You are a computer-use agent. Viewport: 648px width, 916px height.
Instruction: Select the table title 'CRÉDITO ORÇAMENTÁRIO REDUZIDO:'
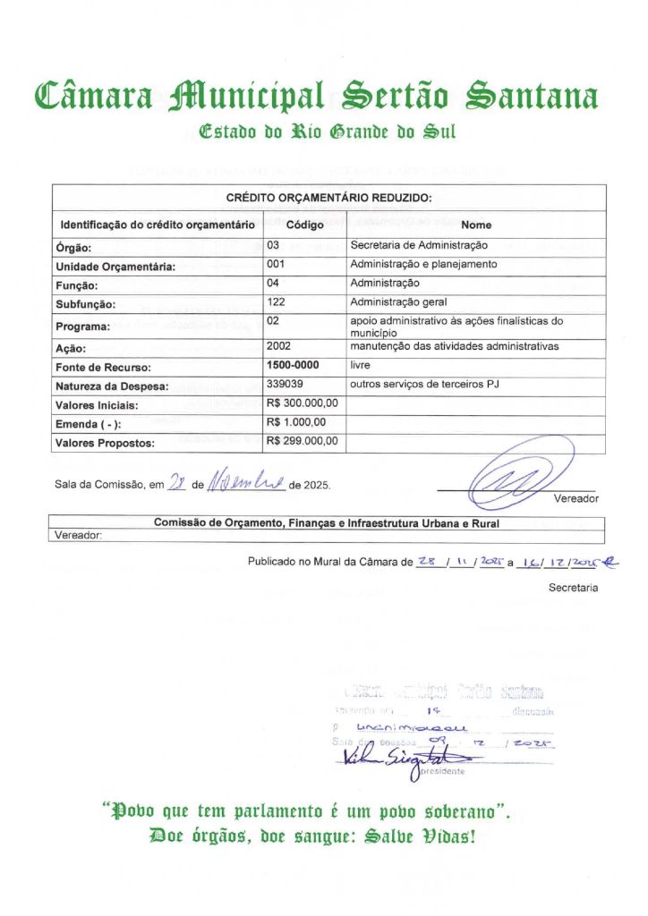pos(328,198)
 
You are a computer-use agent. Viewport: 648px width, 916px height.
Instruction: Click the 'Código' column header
pos(304,225)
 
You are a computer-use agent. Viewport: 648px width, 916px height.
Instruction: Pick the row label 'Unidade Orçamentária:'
pos(115,267)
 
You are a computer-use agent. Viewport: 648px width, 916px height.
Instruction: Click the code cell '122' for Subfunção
pos(276,301)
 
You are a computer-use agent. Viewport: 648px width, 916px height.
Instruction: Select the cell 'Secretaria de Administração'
pos(419,244)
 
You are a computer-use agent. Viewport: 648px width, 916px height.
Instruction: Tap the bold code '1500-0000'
pos(293,365)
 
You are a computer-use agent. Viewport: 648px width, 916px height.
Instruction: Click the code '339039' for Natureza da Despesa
pos(286,383)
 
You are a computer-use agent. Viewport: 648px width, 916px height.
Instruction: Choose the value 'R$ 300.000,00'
pos(303,403)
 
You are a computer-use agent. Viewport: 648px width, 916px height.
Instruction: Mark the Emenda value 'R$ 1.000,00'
pos(296,422)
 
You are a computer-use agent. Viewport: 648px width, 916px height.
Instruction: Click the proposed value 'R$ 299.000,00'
pos(303,441)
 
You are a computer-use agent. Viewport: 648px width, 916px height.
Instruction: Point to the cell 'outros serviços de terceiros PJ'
pos(424,383)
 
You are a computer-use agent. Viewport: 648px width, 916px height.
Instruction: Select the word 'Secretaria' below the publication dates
pos(574,588)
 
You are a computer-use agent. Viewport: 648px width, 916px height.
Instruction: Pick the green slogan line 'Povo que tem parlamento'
pos(307,813)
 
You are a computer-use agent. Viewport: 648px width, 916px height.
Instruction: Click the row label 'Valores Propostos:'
pos(106,443)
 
